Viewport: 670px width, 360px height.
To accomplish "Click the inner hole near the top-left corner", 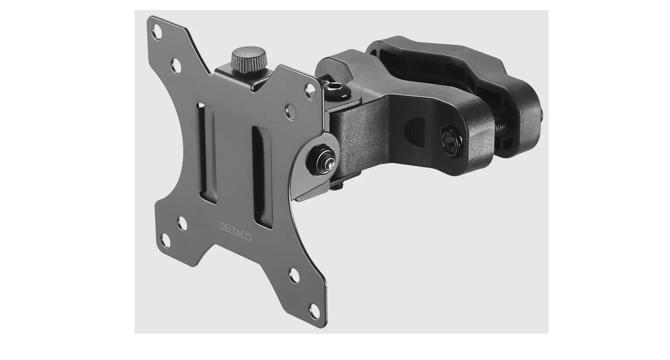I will click(177, 66).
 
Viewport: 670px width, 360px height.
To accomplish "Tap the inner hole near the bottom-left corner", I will click(183, 224).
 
